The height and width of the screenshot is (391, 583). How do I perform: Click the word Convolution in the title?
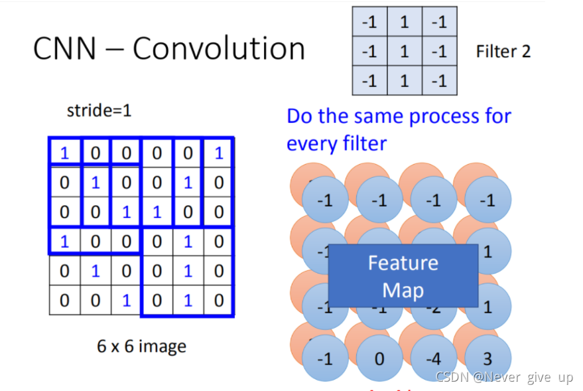point(219,48)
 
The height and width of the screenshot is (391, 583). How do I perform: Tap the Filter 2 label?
point(503,51)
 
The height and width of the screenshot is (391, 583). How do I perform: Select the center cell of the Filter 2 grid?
point(404,51)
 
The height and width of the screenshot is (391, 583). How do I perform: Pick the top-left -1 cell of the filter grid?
point(369,22)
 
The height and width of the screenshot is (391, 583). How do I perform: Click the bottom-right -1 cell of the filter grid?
point(439,80)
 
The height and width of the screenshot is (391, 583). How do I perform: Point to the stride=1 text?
point(99,111)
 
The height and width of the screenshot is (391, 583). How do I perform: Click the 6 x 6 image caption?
point(141,346)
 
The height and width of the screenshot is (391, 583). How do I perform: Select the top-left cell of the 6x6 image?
point(65,153)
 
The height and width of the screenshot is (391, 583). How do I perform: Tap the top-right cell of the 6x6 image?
point(219,153)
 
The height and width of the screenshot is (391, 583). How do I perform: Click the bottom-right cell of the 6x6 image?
point(219,301)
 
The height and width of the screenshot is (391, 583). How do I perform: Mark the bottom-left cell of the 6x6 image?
point(65,301)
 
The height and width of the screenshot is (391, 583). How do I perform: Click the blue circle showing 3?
point(487,359)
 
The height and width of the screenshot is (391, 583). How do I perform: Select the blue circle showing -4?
point(433,359)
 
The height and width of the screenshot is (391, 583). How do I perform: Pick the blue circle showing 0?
point(379,359)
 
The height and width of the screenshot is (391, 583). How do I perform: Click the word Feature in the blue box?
point(403,263)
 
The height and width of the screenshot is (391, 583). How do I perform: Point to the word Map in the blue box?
point(403,291)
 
